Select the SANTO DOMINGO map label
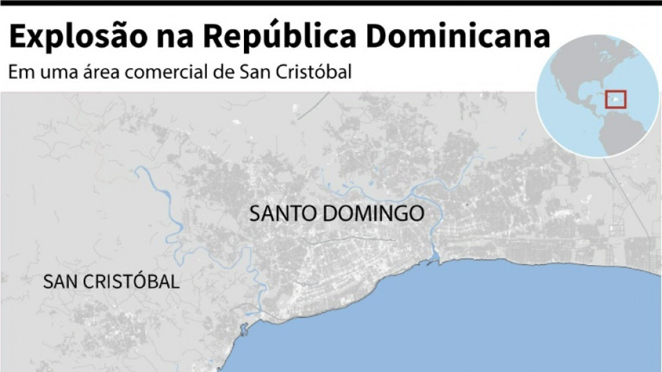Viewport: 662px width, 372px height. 337,214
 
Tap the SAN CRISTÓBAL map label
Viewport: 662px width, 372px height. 111,282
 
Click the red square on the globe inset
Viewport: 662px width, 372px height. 615,99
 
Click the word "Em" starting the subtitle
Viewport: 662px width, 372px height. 17,73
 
